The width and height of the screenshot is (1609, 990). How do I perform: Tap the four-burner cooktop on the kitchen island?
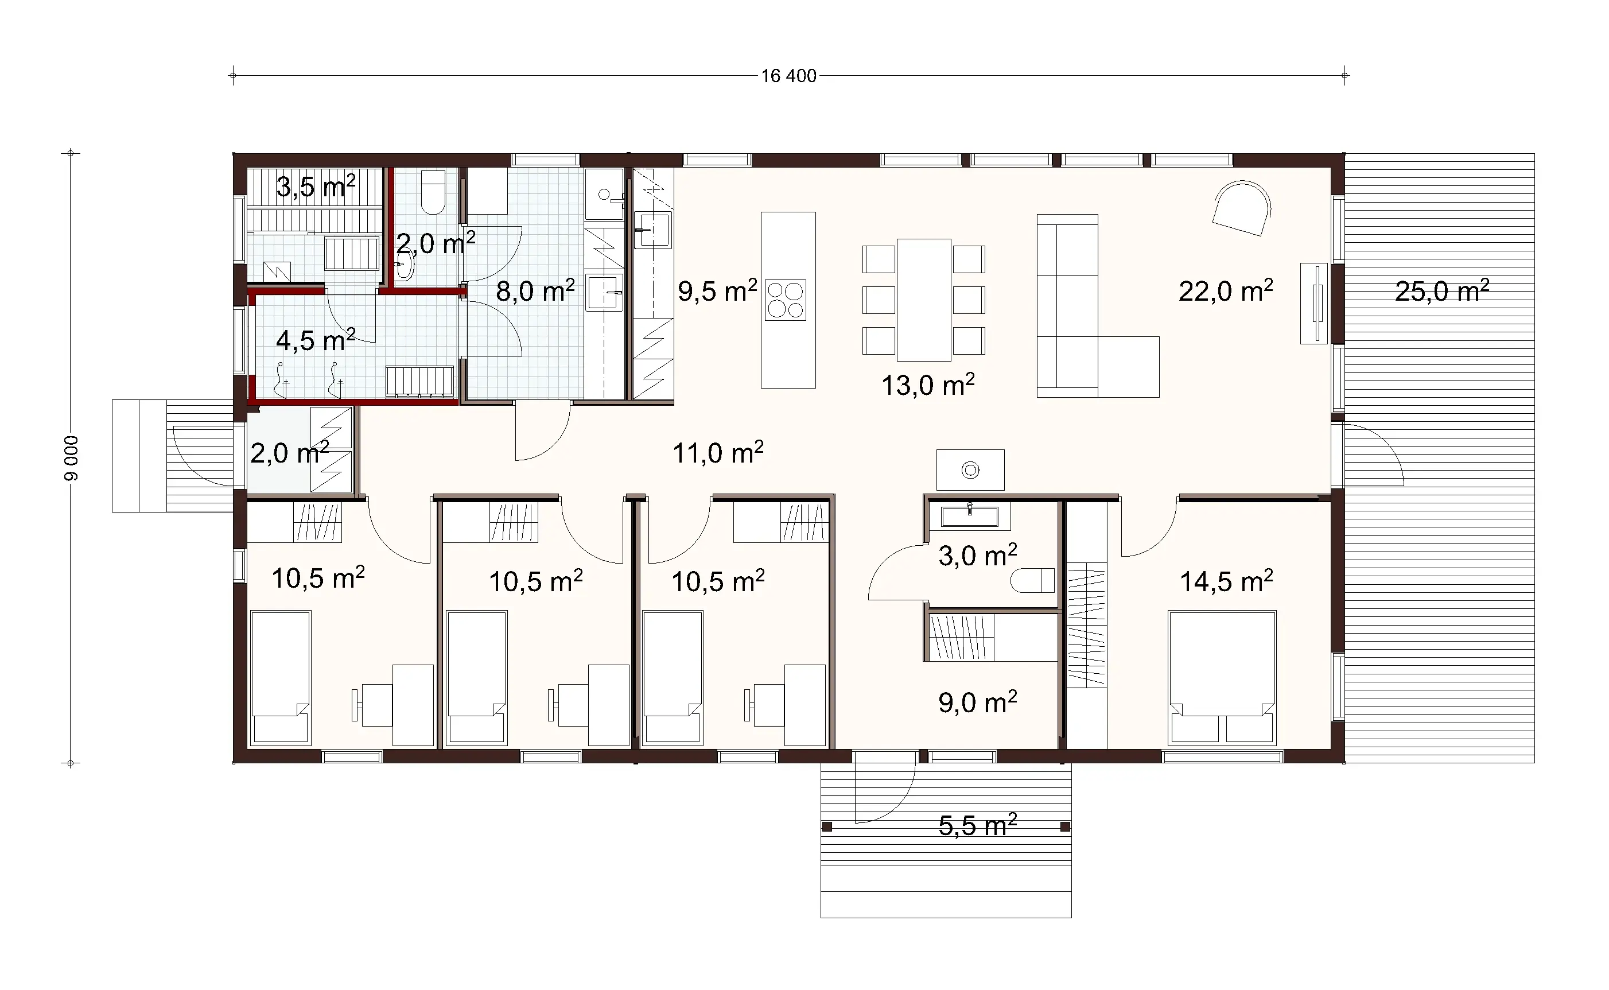point(786,300)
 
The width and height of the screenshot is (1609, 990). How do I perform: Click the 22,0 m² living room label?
point(1226,291)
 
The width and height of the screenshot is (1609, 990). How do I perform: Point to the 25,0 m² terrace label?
point(1441,291)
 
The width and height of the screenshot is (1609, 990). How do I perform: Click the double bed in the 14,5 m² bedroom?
point(1222,678)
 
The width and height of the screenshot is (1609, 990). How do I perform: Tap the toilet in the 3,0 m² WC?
point(1032,580)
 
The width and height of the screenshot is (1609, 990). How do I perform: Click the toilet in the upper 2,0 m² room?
point(433,192)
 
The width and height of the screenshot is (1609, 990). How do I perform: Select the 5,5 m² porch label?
point(977,825)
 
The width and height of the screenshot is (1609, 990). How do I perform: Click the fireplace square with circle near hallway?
point(970,469)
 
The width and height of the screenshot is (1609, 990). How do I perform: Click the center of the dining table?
point(924,300)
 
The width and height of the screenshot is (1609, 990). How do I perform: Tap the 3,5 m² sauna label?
point(316,187)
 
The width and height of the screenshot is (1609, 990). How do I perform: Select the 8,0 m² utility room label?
point(535,291)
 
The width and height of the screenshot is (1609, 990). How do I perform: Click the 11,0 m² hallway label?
point(718,452)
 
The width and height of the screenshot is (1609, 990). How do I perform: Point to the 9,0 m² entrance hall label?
point(977,702)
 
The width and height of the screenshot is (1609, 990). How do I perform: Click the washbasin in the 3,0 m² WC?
point(969,517)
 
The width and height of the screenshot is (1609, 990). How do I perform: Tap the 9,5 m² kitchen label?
point(717,291)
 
